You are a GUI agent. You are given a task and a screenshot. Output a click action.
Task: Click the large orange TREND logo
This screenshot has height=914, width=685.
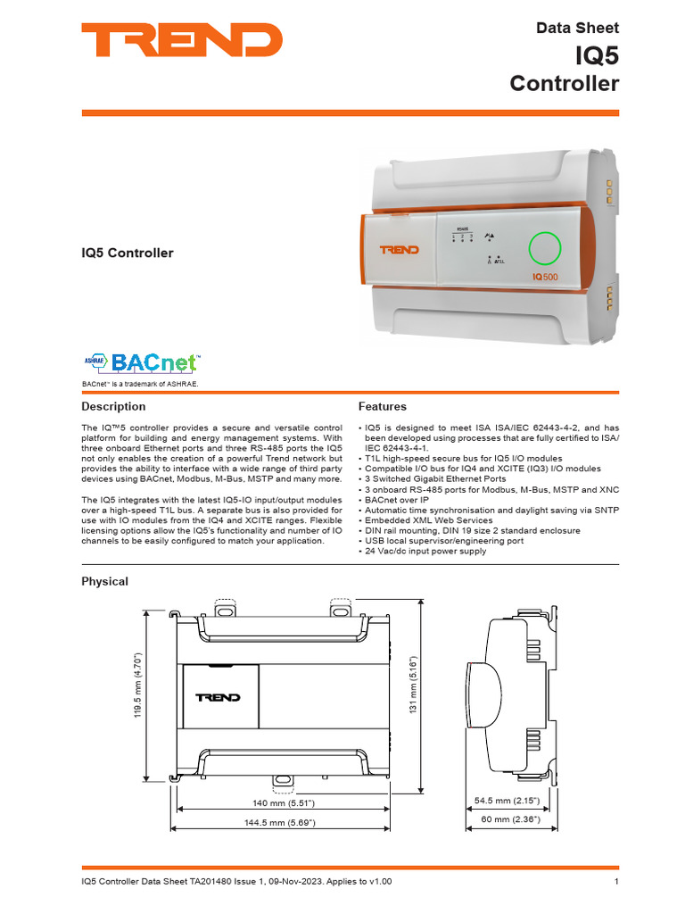[182, 40]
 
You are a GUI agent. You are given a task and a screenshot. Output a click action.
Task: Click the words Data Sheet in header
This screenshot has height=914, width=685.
[577, 28]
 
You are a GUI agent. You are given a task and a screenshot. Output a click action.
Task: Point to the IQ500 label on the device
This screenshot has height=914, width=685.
[545, 278]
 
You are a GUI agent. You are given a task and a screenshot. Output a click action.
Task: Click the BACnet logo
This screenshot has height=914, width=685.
[141, 361]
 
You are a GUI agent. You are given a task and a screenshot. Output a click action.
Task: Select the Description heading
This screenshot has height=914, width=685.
[113, 406]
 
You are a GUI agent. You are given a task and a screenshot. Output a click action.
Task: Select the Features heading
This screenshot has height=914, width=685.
[382, 406]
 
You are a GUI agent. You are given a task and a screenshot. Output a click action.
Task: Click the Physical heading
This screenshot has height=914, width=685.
[105, 581]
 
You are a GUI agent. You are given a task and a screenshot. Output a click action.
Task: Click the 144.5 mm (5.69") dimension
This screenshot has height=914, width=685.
[285, 822]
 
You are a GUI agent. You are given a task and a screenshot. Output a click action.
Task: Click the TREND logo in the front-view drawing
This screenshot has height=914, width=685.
[219, 697]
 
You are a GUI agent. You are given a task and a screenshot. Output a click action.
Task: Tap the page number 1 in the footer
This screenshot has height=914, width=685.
[616, 882]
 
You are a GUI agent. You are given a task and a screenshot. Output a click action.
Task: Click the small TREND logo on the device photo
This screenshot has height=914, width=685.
[400, 250]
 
